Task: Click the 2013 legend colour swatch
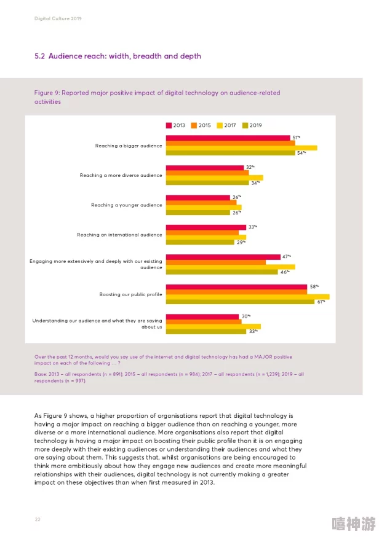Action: (169, 125)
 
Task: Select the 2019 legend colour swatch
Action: (245, 125)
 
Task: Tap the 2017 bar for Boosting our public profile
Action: (247, 297)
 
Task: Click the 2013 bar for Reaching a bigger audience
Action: (228, 138)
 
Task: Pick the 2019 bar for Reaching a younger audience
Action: (198, 213)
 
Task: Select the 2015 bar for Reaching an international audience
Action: (202, 233)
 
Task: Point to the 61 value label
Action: (321, 302)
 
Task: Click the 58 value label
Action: (314, 287)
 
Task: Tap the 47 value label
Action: (286, 256)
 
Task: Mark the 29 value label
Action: (241, 242)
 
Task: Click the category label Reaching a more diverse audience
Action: (121, 175)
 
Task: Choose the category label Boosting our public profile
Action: (130, 294)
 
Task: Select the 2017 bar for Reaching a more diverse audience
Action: (215, 178)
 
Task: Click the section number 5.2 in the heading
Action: (40, 56)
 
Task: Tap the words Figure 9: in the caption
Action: (47, 93)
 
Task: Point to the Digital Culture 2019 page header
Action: (58, 18)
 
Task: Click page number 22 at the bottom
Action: (38, 520)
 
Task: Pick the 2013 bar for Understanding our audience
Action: (202, 317)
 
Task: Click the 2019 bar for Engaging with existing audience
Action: (222, 272)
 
